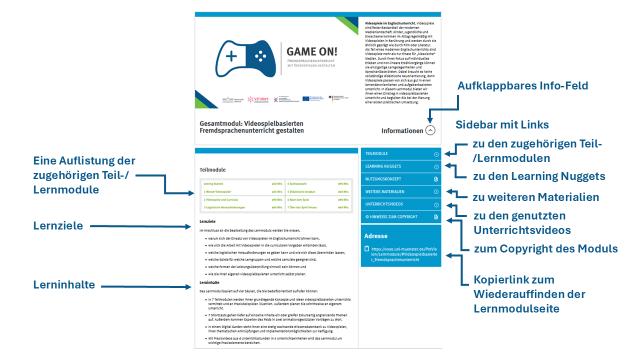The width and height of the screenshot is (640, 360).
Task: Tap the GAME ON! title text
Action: point(311,51)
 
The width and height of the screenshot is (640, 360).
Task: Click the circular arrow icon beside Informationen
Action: point(430,130)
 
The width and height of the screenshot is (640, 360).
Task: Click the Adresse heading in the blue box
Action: point(376,236)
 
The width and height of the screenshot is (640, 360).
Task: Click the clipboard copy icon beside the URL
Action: point(366,248)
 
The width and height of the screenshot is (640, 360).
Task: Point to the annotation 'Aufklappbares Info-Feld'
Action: point(522,86)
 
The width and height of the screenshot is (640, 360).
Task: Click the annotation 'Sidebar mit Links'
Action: point(502,124)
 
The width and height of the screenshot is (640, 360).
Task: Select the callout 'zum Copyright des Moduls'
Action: point(545,248)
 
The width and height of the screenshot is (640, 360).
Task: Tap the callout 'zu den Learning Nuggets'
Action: point(539,176)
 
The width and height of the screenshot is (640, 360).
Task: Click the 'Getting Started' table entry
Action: point(213,183)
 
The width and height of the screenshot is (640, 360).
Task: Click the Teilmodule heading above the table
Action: point(212,170)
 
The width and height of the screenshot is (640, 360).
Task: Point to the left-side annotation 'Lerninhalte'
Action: point(64,285)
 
